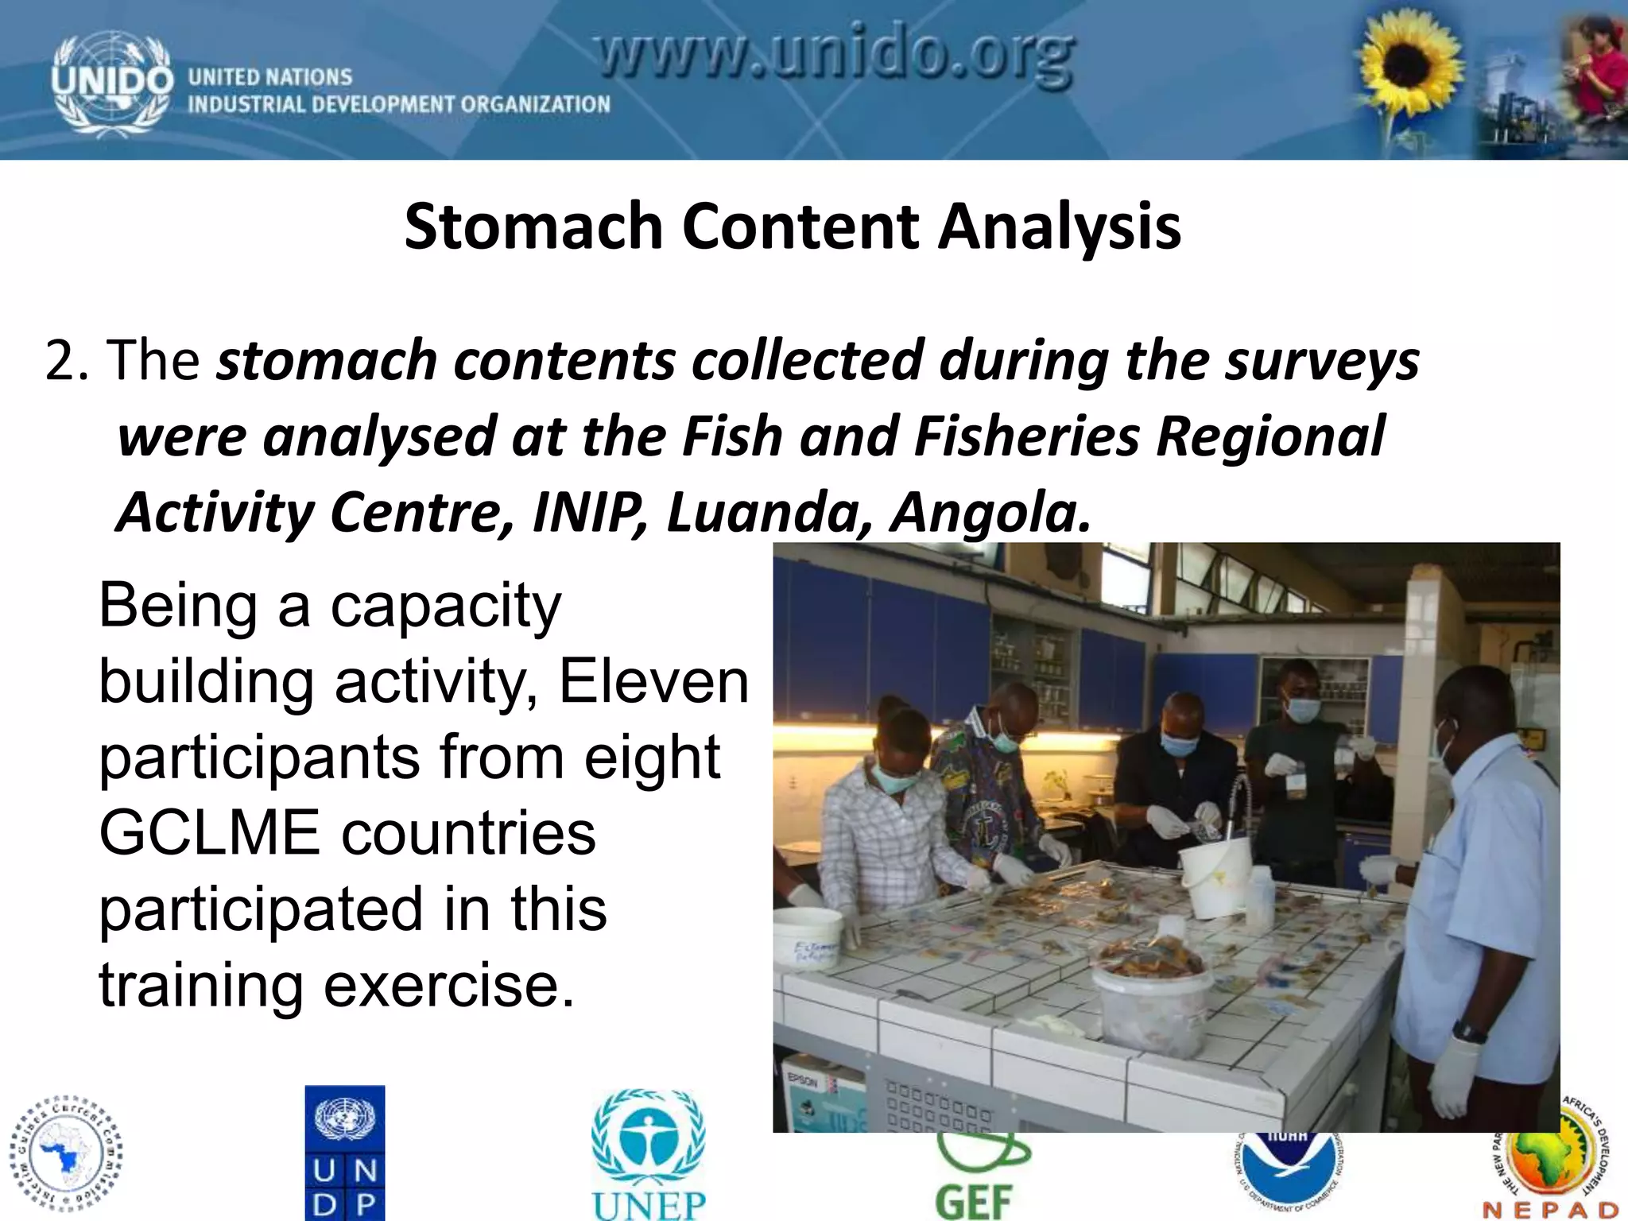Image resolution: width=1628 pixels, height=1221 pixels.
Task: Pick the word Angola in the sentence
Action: [990, 512]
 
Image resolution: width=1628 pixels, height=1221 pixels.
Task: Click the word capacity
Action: [445, 606]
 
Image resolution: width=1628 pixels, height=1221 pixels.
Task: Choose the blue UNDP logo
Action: [345, 1152]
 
